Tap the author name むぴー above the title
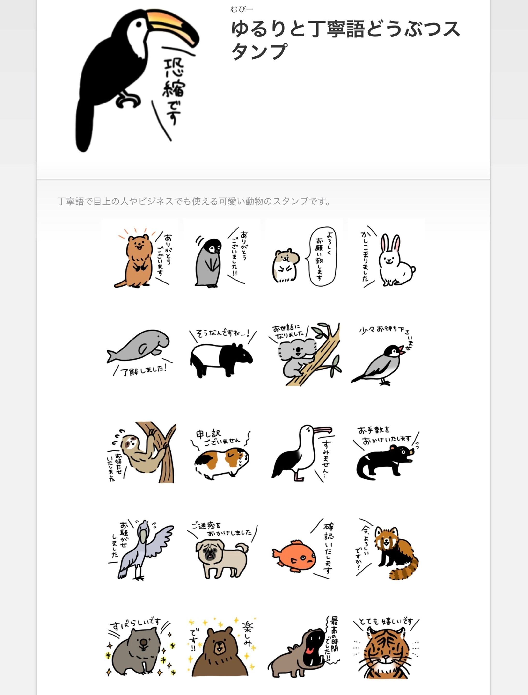pos(241,9)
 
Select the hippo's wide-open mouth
pos(314,644)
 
